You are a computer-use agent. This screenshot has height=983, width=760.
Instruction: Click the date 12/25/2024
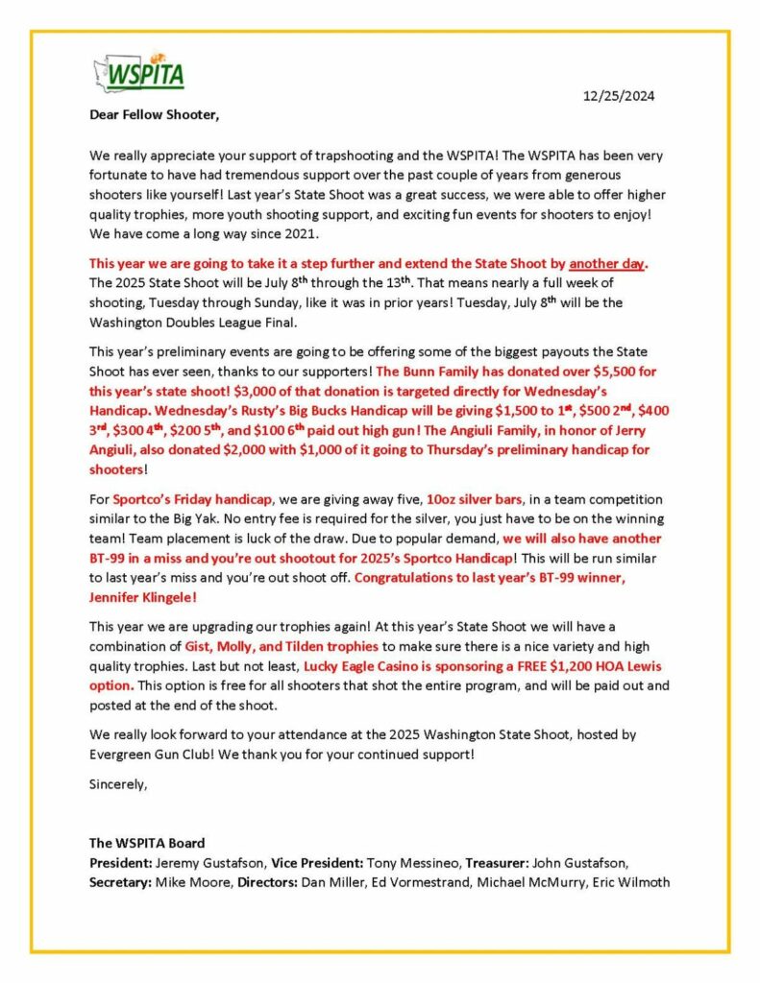coord(620,96)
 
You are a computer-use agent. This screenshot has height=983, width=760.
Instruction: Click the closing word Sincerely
coord(118,783)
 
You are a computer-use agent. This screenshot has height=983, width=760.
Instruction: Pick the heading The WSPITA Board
coord(147,844)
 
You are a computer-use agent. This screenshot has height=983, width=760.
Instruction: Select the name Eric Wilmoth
coord(632,882)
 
